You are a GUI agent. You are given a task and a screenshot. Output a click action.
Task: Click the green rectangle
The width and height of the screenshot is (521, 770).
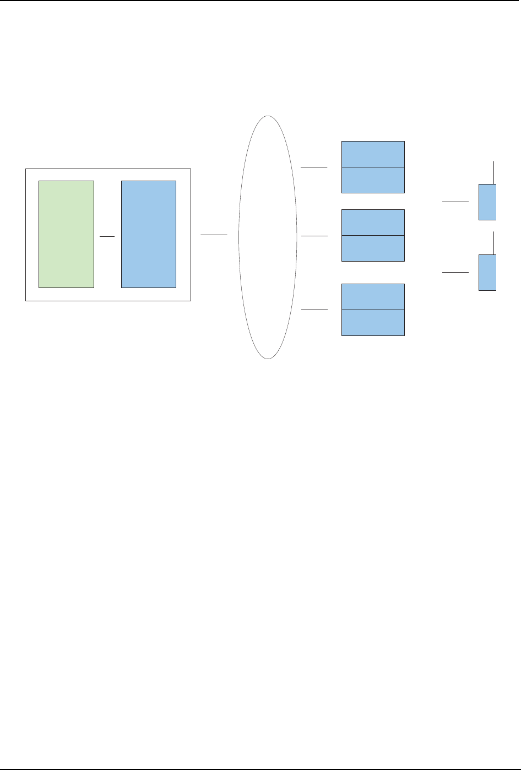tap(66, 234)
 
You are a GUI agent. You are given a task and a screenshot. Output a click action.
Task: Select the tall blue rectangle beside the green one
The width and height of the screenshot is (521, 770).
tap(149, 234)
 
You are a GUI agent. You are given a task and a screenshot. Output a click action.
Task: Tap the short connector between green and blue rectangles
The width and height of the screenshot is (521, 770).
tap(107, 236)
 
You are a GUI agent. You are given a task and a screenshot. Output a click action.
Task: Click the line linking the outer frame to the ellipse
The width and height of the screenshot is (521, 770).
tap(214, 235)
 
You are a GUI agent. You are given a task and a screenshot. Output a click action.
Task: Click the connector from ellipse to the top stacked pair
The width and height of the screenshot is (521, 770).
tap(314, 166)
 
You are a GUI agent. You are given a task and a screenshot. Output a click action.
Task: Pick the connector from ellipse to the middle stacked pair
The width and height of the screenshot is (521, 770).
tap(314, 236)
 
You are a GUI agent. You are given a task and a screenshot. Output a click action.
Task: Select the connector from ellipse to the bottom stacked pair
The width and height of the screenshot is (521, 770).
tap(314, 310)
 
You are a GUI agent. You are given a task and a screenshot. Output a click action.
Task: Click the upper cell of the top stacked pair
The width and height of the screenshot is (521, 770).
tap(373, 154)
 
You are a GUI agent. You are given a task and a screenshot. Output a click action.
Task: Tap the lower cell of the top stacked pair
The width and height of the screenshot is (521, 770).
tap(373, 180)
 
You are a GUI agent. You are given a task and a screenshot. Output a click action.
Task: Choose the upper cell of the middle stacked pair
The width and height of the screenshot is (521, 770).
tap(373, 223)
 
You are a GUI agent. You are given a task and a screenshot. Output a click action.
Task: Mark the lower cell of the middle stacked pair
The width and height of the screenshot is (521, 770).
tap(373, 248)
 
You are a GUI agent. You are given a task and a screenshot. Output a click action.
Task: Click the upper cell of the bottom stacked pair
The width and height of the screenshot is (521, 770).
tap(373, 297)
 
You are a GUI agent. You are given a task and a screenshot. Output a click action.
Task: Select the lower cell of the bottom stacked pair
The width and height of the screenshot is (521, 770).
tap(373, 322)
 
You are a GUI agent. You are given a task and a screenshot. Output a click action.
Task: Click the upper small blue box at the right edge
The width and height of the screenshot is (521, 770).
tap(487, 202)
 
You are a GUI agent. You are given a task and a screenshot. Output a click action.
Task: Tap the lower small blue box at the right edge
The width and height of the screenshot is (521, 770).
tap(487, 273)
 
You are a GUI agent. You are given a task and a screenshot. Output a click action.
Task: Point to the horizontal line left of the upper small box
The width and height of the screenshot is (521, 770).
tap(455, 202)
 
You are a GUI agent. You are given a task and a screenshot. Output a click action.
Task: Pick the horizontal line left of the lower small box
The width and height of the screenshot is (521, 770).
tap(455, 272)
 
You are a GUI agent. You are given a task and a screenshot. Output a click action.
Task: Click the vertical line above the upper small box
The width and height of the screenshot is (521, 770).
tap(494, 172)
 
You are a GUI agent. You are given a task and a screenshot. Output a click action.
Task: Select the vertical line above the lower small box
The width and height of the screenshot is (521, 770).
tap(494, 243)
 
